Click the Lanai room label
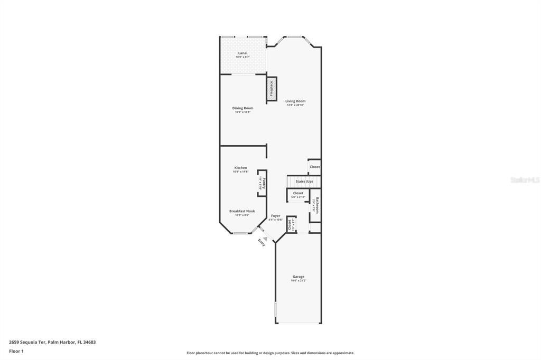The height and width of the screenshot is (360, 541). [242, 53]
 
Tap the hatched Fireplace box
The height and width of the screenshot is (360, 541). [272, 89]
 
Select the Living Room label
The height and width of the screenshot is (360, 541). [295, 101]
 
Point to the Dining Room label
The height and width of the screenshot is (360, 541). [242, 108]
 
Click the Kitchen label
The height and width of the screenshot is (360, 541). [240, 168]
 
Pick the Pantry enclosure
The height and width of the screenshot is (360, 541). [262, 183]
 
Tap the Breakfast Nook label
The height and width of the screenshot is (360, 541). [242, 211]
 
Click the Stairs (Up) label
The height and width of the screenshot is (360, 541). [304, 182]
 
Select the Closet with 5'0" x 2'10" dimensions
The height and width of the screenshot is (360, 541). [298, 195]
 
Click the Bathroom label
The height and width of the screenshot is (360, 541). [316, 205]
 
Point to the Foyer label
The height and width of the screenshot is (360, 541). [276, 215]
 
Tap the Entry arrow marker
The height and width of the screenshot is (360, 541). [266, 239]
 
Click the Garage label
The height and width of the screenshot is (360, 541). [299, 277]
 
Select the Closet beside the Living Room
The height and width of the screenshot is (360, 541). [314, 167]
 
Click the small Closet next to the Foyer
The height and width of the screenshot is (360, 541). [291, 224]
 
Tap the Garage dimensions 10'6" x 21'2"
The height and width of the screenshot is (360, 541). [299, 281]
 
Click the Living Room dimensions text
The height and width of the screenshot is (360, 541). [295, 105]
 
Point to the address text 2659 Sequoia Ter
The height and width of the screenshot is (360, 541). [52, 342]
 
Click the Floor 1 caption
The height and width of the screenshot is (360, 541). [18, 351]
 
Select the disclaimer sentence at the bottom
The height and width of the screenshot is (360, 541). [270, 353]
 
